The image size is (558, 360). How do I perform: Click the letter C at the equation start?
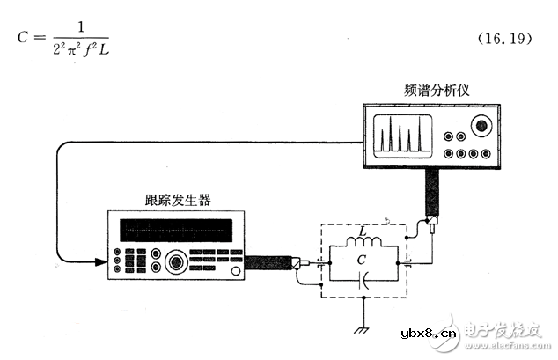(24, 38)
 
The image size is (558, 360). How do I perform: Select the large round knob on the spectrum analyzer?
(480, 126)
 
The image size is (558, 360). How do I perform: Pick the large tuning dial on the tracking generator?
(177, 262)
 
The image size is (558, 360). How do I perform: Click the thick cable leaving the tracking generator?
(268, 262)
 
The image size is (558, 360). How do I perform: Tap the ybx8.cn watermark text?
(427, 333)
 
